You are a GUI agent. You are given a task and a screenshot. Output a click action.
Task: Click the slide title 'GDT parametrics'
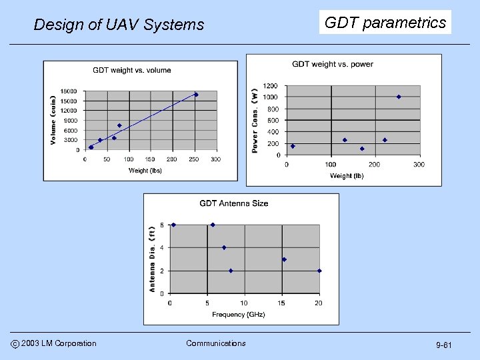pos(385,23)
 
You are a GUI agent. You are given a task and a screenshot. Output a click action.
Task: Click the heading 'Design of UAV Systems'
pos(119,25)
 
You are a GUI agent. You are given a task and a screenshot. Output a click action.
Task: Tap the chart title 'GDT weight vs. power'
pos(333,64)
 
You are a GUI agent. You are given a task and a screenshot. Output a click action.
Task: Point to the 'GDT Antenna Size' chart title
pos(234,203)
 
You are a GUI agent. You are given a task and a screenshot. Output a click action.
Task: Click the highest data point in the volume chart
pos(196,95)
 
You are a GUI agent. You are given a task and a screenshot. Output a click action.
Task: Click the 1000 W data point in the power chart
pos(399,97)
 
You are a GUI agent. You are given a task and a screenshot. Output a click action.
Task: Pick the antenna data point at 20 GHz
pos(319,271)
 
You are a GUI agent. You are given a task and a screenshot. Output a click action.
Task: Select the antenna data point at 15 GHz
pos(284,259)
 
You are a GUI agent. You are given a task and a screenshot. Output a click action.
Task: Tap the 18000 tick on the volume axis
pos(69,91)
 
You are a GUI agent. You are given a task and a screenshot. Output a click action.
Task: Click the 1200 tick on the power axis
pos(270,86)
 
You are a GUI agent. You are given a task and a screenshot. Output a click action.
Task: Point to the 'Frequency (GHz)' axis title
pos(238,314)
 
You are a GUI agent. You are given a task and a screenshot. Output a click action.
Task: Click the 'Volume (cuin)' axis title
pos(53,120)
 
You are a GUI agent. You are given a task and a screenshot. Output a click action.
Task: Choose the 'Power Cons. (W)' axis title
pos(255,121)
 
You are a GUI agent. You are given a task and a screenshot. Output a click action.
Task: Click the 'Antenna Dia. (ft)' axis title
pos(152,259)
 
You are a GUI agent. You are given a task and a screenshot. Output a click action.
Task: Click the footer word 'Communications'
pos(215,343)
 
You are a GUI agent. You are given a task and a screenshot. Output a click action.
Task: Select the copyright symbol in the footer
pos(14,344)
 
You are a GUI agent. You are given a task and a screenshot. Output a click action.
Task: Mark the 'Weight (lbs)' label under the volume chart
pos(145,170)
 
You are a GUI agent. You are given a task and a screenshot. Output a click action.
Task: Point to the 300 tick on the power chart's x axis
pos(419,165)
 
